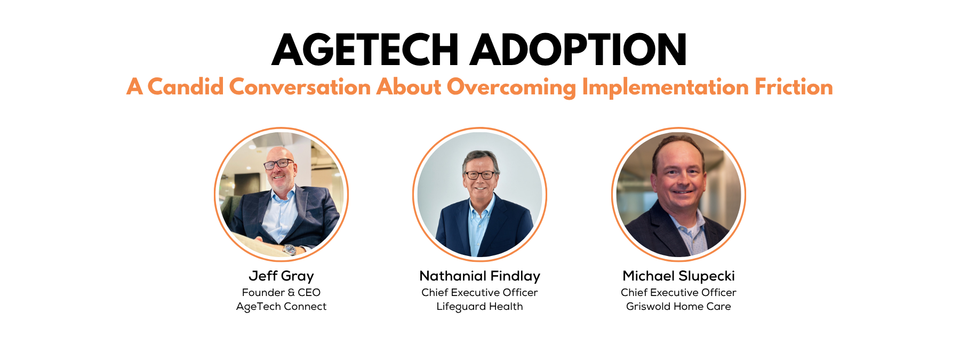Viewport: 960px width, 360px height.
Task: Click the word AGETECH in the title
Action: pyautogui.click(x=365, y=50)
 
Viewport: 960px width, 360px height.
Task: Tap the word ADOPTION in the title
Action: pyautogui.click(x=578, y=50)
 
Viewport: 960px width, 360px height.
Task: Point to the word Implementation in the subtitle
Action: pyautogui.click(x=665, y=87)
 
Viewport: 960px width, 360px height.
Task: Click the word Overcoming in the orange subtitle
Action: pyautogui.click(x=511, y=87)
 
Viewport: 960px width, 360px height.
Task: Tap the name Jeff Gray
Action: pyautogui.click(x=281, y=276)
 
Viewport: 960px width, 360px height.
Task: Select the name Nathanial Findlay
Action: pyautogui.click(x=479, y=276)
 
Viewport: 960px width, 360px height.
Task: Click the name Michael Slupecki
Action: pyautogui.click(x=678, y=276)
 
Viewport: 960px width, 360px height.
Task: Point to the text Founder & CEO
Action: pyautogui.click(x=281, y=292)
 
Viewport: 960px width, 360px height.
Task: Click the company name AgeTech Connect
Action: pyautogui.click(x=281, y=307)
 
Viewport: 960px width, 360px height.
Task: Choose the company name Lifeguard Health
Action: pyautogui.click(x=479, y=307)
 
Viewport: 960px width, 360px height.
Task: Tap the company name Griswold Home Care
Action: pyautogui.click(x=678, y=306)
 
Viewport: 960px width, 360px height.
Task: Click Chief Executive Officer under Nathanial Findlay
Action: pyautogui.click(x=479, y=292)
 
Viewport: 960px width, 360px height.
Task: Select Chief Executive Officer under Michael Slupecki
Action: pyautogui.click(x=678, y=292)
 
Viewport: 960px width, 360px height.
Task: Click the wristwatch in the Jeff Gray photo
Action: pyautogui.click(x=289, y=249)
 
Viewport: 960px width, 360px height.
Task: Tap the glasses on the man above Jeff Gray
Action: pyautogui.click(x=278, y=164)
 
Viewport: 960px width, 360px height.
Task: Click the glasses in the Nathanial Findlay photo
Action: pyautogui.click(x=479, y=174)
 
